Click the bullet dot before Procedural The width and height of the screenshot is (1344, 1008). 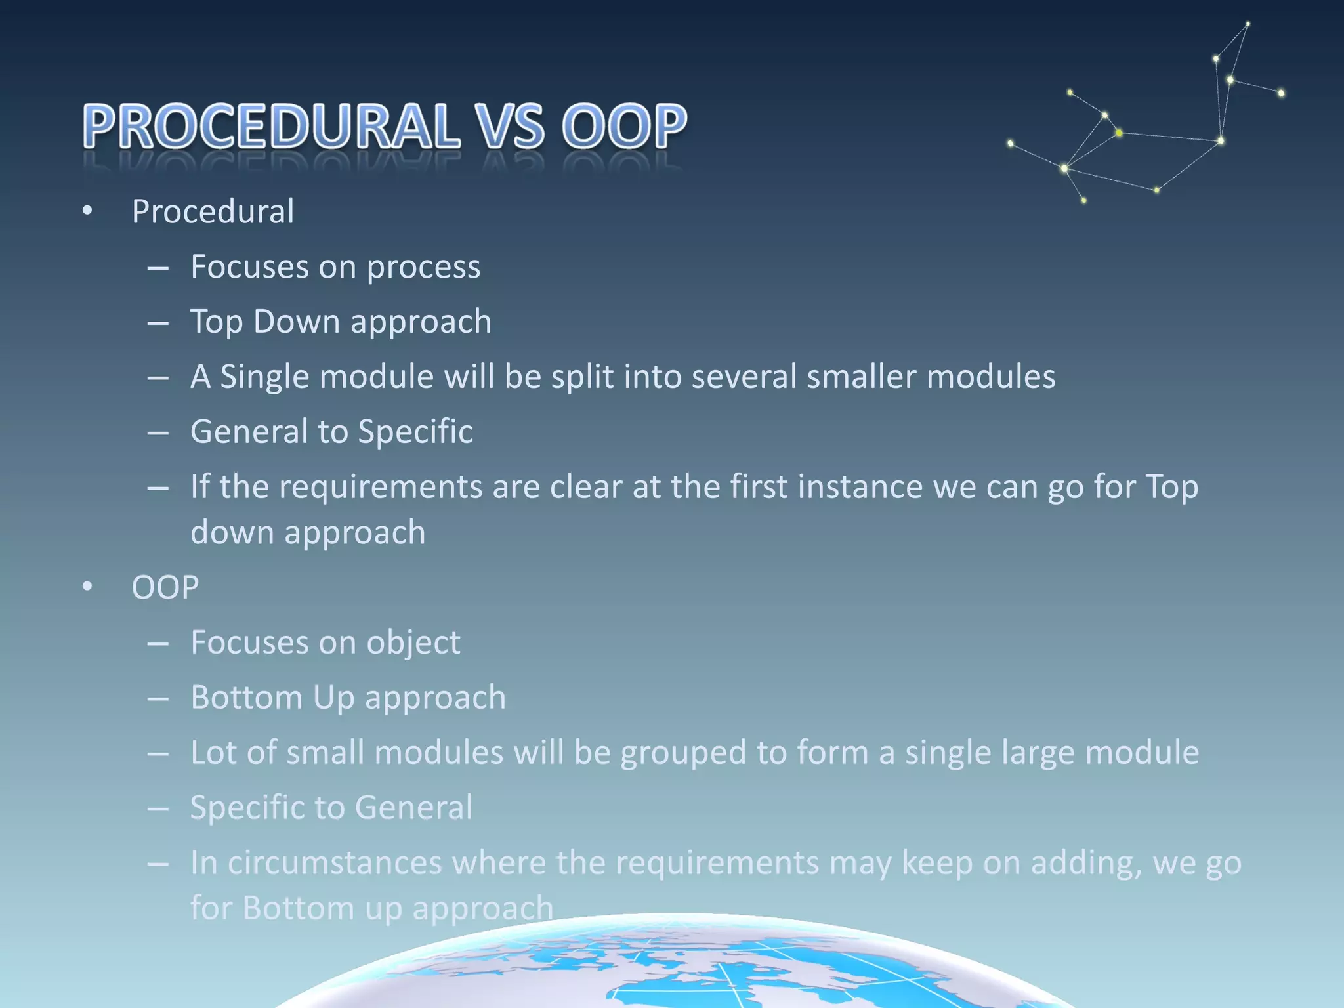87,211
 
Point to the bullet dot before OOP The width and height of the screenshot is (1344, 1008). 87,587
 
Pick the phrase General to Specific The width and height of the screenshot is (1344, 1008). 331,432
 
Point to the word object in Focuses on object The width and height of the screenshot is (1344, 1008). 413,642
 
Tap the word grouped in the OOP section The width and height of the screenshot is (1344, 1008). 683,752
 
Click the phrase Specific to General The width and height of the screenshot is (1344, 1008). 331,807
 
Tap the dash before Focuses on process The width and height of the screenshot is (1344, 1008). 158,268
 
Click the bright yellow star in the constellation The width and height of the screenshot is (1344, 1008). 1119,133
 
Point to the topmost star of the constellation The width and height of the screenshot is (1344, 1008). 1248,24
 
